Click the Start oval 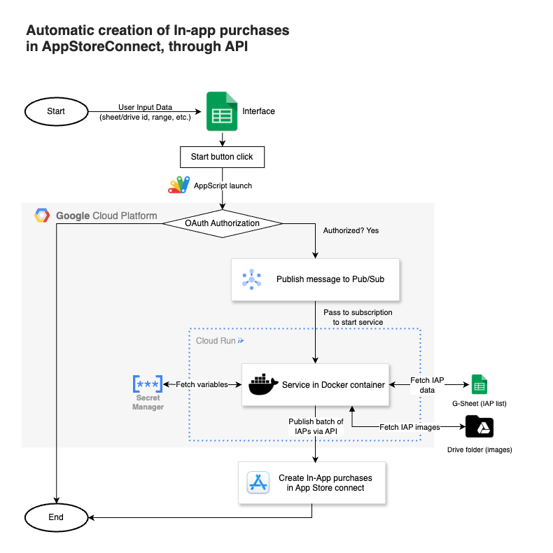[56, 111]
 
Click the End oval [56, 517]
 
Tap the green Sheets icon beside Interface [221, 111]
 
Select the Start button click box [222, 157]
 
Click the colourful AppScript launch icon [178, 185]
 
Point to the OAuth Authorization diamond [222, 223]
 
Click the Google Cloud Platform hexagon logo [41, 216]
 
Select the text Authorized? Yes [351, 230]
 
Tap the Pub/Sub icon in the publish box [252, 279]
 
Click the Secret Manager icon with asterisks [148, 384]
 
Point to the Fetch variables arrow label [202, 384]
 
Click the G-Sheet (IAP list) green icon [479, 384]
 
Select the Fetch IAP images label [408, 427]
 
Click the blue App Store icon [258, 483]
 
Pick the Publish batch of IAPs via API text [316, 426]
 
